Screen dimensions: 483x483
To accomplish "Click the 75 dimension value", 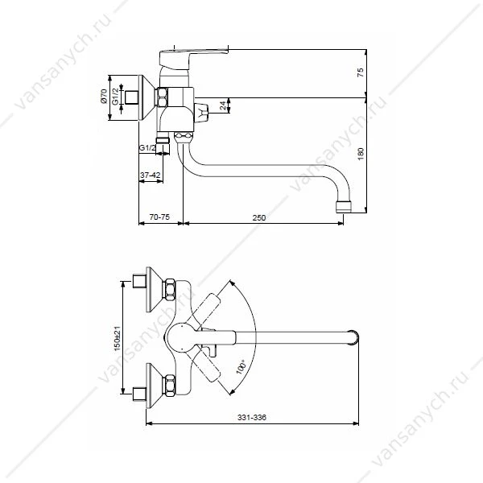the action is click(361, 72).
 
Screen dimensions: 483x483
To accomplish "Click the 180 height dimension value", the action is click(361, 154).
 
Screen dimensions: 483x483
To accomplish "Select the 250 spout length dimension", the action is click(258, 217).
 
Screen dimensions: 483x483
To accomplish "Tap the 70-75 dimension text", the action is click(159, 217).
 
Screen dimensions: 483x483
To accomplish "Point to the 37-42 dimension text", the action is click(151, 175).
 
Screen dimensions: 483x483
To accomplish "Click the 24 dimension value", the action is click(223, 105).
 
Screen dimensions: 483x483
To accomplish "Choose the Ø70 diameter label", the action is click(104, 97).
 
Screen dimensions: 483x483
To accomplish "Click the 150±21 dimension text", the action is click(117, 338).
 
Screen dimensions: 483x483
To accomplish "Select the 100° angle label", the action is click(241, 366).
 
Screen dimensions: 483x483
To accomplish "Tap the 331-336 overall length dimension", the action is click(252, 417).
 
